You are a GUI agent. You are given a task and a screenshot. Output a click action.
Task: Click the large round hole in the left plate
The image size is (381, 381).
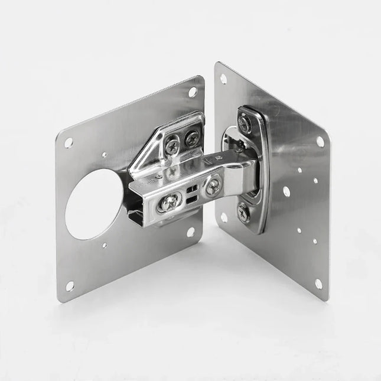93,204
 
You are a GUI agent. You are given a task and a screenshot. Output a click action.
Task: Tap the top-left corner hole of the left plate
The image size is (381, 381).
69,142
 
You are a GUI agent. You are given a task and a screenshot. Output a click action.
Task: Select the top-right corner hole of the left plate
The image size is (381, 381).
193,92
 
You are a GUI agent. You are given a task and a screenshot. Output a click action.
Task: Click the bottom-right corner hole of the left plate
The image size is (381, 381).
191,232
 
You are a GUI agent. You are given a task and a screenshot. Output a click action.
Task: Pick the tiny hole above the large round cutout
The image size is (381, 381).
104,155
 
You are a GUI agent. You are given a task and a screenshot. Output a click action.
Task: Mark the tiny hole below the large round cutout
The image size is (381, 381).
105,245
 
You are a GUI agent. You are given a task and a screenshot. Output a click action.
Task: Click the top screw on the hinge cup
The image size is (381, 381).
243,122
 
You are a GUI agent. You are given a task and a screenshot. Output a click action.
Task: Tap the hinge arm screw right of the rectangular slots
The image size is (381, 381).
212,188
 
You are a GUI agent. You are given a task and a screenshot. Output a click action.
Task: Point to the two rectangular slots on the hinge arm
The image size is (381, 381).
191,194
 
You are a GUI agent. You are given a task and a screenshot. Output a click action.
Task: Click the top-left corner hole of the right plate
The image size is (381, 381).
223,78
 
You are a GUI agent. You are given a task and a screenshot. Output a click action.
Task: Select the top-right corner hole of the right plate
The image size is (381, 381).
320,142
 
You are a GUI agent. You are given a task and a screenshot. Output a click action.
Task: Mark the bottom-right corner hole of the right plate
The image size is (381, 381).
318,284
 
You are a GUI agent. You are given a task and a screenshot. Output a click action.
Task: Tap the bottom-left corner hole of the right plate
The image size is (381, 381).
224,217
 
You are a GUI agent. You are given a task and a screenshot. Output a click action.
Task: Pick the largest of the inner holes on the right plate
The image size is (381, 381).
286,191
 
